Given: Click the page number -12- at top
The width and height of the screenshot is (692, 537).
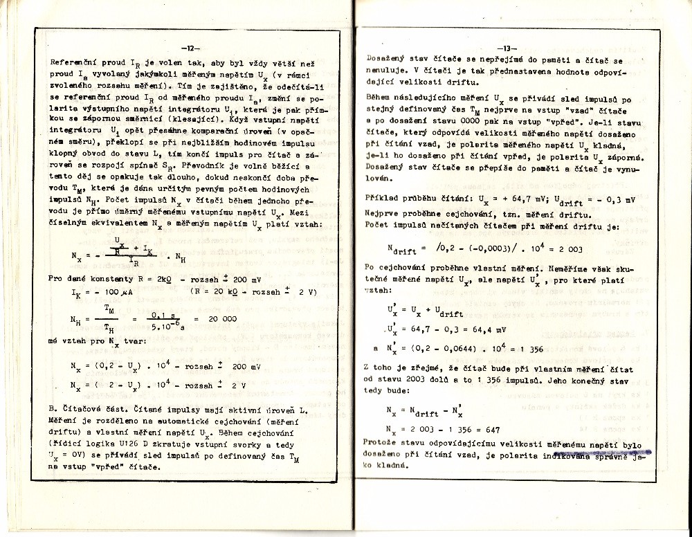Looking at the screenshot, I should tap(189, 48).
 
